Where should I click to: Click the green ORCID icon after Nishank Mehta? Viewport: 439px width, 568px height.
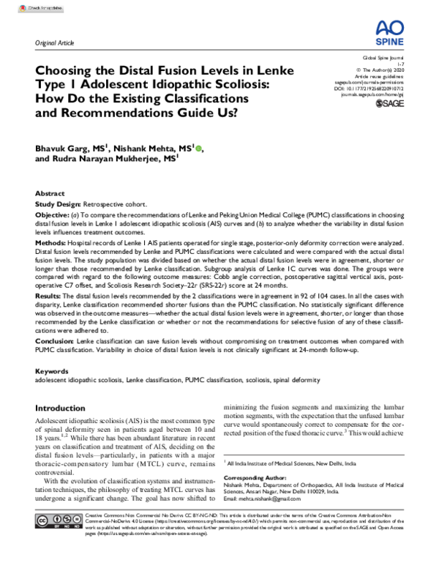point(199,148)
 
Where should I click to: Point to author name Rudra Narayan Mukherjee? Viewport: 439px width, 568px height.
point(110,158)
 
